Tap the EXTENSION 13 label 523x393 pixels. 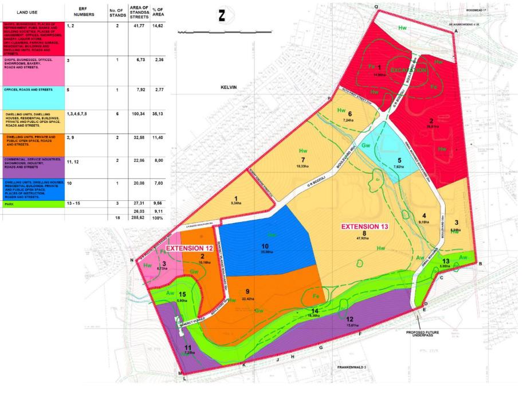tap(365, 227)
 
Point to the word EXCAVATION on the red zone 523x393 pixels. tap(409, 70)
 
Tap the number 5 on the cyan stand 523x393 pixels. tap(399, 160)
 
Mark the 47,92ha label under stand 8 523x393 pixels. tap(364, 240)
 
